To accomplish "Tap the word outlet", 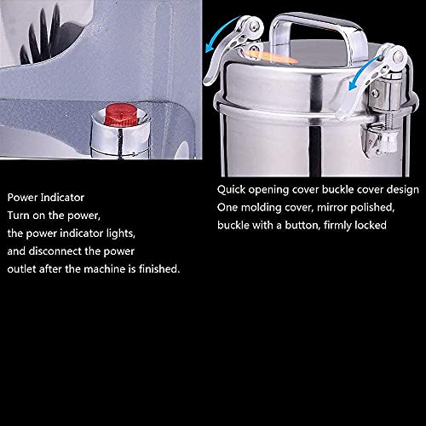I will pos(23,269).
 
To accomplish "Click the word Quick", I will pos(231,190).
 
